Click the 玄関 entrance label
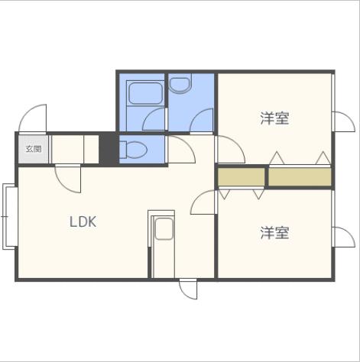click(x=34, y=149)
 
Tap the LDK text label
click(x=83, y=222)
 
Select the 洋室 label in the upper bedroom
click(x=275, y=118)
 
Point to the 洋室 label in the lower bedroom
click(x=275, y=232)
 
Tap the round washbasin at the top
click(x=181, y=84)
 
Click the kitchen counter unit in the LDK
click(x=162, y=244)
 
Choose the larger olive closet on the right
click(x=300, y=176)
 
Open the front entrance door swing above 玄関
click(x=35, y=118)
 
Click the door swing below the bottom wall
click(x=188, y=291)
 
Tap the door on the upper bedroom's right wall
click(x=343, y=121)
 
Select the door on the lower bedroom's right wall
click(x=343, y=236)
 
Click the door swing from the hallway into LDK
click(x=68, y=179)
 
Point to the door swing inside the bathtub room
click(x=155, y=119)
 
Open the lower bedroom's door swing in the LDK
click(x=205, y=202)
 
